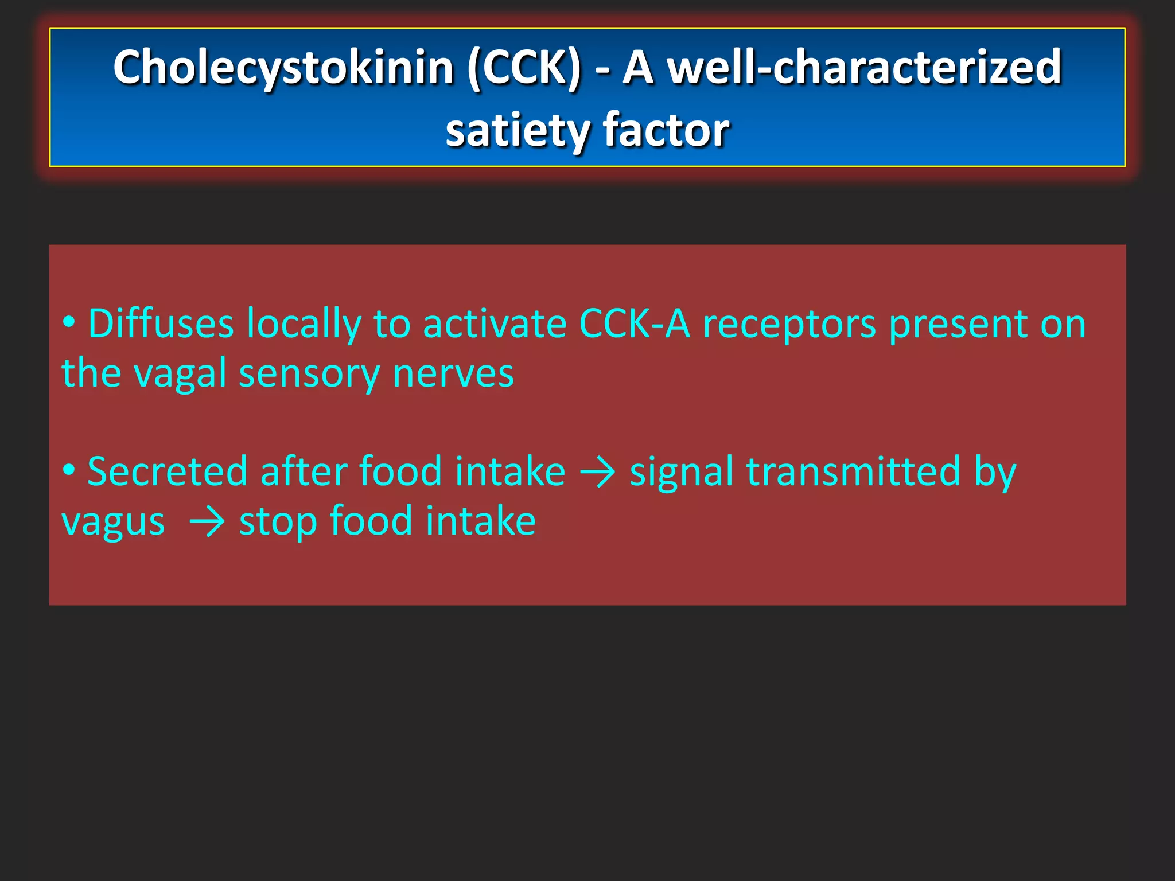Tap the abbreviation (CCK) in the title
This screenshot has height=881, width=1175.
pyautogui.click(x=524, y=68)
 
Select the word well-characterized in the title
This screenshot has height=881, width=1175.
pyautogui.click(x=866, y=68)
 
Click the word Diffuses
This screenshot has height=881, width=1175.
pyautogui.click(x=161, y=323)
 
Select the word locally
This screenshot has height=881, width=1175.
pyautogui.click(x=304, y=325)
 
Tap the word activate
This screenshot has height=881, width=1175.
pyautogui.click(x=494, y=323)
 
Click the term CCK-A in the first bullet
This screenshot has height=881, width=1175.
pyautogui.click(x=635, y=323)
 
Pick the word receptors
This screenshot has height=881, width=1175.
pyautogui.click(x=789, y=325)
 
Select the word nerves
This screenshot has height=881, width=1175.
pyautogui.click(x=453, y=373)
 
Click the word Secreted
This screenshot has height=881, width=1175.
pyautogui.click(x=166, y=471)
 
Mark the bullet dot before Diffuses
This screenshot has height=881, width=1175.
pyautogui.click(x=69, y=322)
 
